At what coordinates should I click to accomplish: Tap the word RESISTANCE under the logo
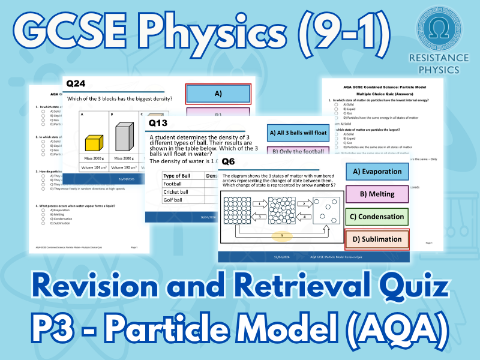click(437, 59)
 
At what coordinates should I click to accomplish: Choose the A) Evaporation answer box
click(377, 172)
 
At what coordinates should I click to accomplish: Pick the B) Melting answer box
click(377, 194)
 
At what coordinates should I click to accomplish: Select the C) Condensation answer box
click(377, 217)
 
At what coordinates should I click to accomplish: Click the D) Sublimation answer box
click(377, 239)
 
